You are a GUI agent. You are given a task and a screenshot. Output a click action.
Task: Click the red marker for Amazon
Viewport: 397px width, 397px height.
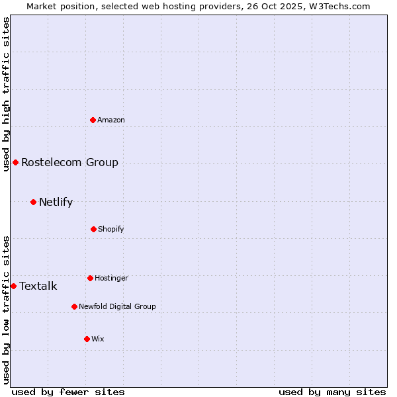point(93,120)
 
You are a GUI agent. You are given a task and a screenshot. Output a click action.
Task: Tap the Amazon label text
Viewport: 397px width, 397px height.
point(111,120)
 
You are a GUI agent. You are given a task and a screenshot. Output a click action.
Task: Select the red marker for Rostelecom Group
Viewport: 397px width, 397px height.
point(15,162)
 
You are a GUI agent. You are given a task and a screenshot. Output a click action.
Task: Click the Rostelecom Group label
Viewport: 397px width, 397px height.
point(69,162)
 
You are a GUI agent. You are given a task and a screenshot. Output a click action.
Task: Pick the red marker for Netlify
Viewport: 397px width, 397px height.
point(33,202)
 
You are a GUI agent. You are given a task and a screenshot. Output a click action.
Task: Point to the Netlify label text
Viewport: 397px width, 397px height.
point(56,202)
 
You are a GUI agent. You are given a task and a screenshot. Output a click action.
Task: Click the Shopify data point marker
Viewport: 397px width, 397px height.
point(93,229)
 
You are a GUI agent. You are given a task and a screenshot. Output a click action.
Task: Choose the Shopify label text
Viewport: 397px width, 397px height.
point(111,229)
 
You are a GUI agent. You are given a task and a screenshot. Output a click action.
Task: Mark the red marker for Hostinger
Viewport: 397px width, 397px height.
point(90,278)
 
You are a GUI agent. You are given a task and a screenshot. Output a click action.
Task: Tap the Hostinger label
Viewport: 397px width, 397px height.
point(111,278)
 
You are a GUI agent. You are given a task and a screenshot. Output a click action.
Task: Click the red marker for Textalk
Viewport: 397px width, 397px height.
point(13,286)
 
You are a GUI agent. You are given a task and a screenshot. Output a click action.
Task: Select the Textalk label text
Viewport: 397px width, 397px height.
point(38,286)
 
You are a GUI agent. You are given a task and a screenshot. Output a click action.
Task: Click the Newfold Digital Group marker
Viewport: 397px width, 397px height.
point(74,306)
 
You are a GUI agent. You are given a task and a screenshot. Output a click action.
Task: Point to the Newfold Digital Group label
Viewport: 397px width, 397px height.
point(117,306)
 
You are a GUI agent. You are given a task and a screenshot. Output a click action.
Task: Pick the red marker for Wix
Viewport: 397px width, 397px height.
point(87,339)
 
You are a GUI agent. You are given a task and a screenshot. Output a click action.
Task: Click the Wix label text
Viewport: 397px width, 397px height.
point(98,339)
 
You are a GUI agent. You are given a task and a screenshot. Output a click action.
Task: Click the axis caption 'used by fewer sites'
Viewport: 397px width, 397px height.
point(68,392)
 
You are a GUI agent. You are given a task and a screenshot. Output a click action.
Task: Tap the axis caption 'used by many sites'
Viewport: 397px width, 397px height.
point(332,392)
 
